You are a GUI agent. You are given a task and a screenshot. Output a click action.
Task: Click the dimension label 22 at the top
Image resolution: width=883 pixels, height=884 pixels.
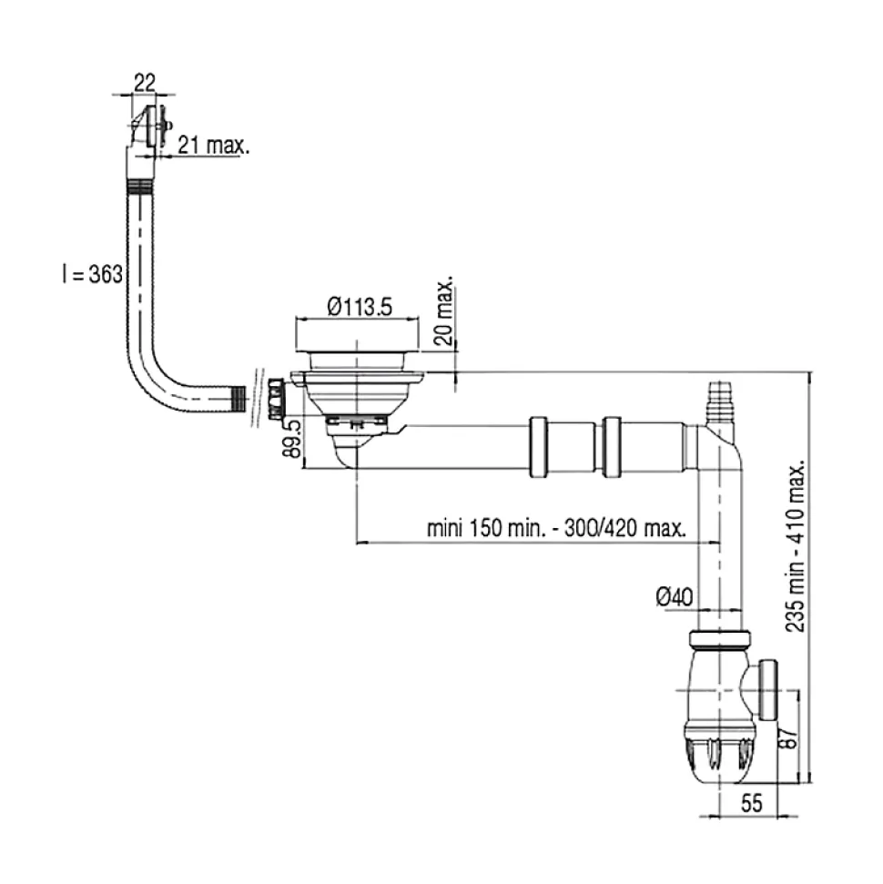[143, 81]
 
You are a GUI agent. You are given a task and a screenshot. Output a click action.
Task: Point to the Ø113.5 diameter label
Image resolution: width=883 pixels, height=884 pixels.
[359, 309]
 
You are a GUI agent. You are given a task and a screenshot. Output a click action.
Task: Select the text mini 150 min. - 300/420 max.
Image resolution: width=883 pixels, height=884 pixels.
[556, 529]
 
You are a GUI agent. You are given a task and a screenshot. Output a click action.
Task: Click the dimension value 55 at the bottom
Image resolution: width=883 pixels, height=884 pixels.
[751, 803]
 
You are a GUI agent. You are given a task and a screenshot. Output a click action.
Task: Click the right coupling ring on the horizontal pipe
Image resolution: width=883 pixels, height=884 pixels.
[612, 445]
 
